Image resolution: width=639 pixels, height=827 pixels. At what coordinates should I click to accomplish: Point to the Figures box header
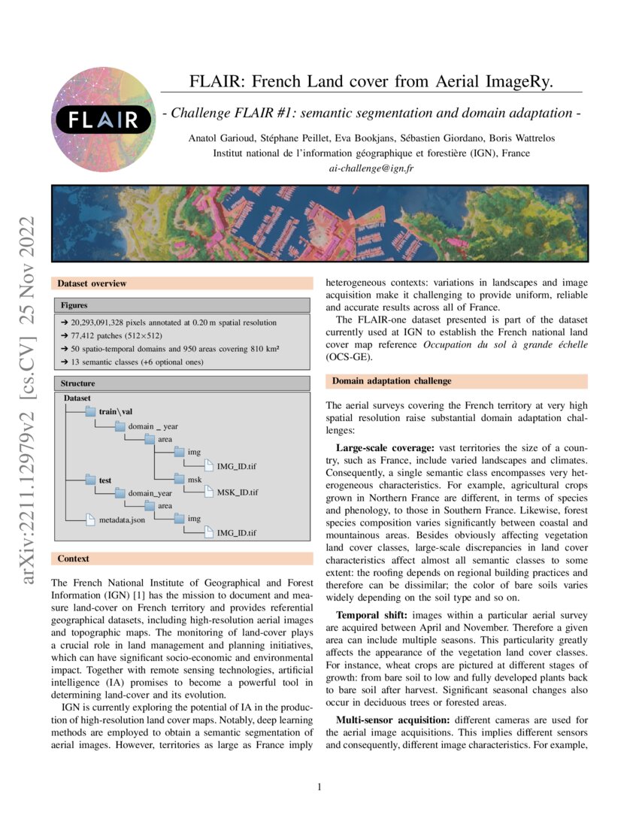pyautogui.click(x=74, y=305)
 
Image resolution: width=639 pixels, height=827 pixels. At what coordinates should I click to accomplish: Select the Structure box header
pyautogui.click(x=77, y=383)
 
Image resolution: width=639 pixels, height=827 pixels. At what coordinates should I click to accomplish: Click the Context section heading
pyautogui.click(x=73, y=559)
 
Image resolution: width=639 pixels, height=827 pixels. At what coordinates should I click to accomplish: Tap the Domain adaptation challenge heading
pyautogui.click(x=392, y=381)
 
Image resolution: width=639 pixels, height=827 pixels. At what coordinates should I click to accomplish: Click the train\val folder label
pyautogui.click(x=115, y=411)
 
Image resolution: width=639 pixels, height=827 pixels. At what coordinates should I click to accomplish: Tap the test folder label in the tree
pyautogui.click(x=105, y=479)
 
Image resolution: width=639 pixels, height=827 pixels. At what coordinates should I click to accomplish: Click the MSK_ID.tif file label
pyautogui.click(x=237, y=492)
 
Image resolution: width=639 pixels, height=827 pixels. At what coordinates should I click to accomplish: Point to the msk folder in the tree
pyautogui.click(x=194, y=479)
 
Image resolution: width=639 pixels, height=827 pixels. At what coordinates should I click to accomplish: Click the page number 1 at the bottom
pyautogui.click(x=319, y=787)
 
